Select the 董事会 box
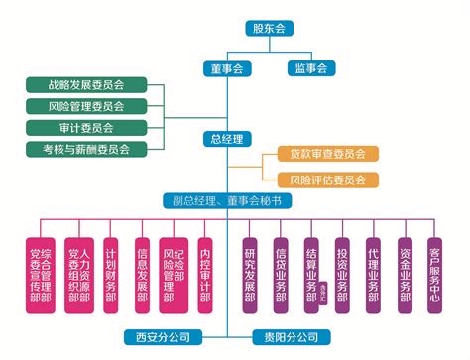(x=230, y=68)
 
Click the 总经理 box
(x=227, y=140)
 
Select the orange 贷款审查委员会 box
(x=319, y=156)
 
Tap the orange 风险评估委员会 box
(x=319, y=180)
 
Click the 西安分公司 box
(x=163, y=336)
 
